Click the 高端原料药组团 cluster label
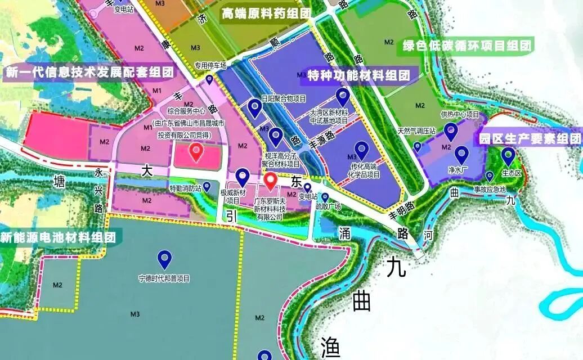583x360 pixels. [x=266, y=14]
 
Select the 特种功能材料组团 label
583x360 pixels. [x=358, y=75]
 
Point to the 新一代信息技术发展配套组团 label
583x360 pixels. [x=89, y=72]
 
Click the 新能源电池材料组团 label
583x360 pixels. [x=58, y=237]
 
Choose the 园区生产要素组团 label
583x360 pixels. [x=529, y=138]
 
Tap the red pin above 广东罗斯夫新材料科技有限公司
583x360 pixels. [x=271, y=181]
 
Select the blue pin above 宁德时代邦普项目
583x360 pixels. [x=164, y=259]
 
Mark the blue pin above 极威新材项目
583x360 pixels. [x=243, y=177]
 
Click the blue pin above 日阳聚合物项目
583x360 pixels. [x=255, y=108]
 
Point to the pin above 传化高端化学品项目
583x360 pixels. [x=361, y=150]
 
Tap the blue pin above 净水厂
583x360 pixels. [x=461, y=154]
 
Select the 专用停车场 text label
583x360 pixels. [x=210, y=65]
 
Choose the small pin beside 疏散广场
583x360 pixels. [x=325, y=197]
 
